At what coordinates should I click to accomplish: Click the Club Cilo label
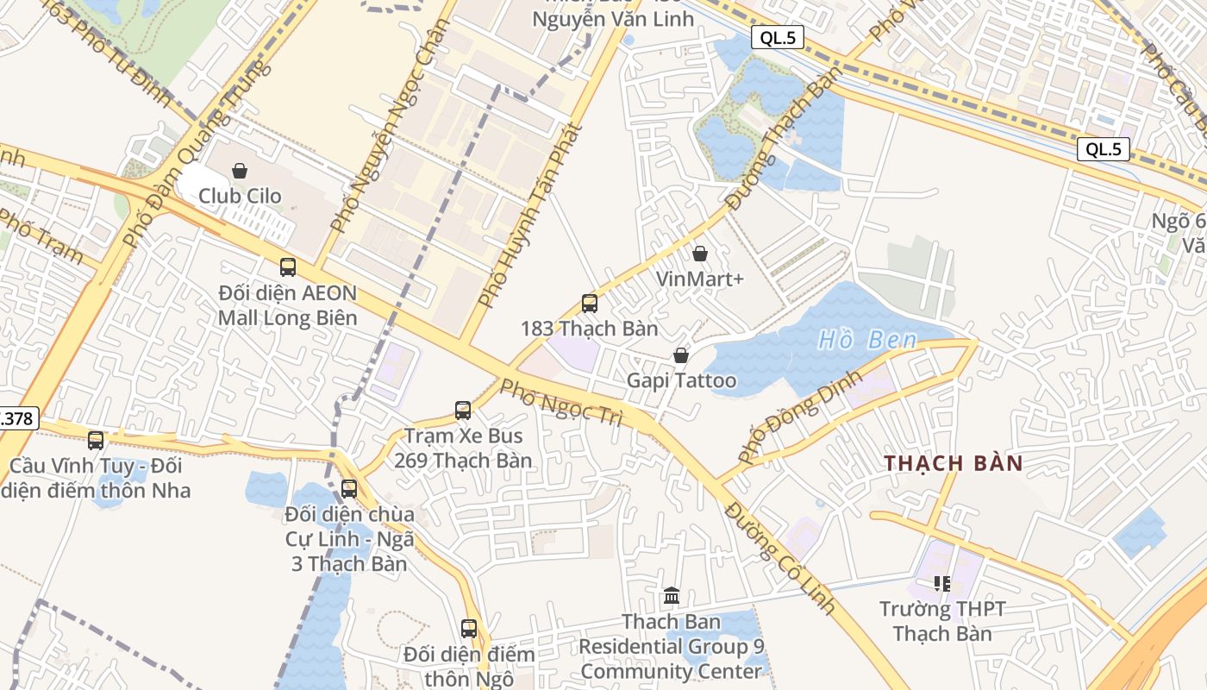point(240,196)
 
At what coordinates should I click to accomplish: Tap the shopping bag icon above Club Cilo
point(240,171)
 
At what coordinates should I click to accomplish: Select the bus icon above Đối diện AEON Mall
point(288,267)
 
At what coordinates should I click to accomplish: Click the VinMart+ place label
point(699,279)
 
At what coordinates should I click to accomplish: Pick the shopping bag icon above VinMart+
point(699,254)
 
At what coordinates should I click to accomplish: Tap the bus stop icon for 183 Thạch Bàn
point(590,304)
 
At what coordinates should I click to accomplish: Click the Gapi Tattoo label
point(681,380)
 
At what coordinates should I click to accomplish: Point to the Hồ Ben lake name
point(867,340)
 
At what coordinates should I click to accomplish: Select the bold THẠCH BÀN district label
point(954,463)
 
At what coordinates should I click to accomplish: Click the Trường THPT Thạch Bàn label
point(941,621)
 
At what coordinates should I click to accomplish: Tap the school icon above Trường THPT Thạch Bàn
point(942,584)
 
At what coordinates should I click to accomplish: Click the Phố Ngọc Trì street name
point(561,402)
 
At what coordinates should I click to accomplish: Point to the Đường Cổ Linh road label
point(781,558)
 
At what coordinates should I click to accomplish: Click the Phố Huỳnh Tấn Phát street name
point(529,216)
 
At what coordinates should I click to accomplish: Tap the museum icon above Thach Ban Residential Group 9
point(672,595)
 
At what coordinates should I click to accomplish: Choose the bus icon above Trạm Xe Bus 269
point(463,411)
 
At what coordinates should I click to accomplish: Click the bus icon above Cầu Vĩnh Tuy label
point(96,441)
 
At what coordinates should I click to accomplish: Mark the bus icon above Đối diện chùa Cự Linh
point(349,489)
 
